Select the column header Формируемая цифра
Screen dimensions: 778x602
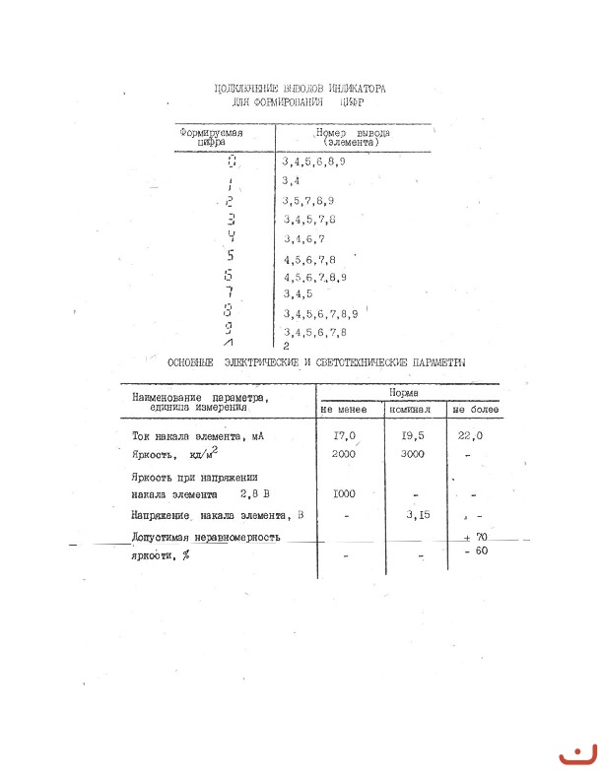tap(211, 136)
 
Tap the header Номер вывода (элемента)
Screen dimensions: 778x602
tap(352, 136)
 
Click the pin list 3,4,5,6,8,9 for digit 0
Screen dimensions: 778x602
tap(313, 160)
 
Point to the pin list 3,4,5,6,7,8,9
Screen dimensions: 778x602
tap(320, 314)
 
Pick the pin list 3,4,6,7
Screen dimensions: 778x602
tap(303, 239)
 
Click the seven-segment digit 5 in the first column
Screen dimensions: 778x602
tap(229, 257)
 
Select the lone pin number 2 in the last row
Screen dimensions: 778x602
tap(286, 347)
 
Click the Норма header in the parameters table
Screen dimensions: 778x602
tap(404, 392)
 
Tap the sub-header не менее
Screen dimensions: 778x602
tap(343, 409)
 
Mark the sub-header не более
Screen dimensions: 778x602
tap(475, 409)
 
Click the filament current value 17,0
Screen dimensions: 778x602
tap(340, 435)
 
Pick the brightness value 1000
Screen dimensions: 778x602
tap(345, 493)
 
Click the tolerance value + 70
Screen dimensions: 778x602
tap(476, 536)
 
